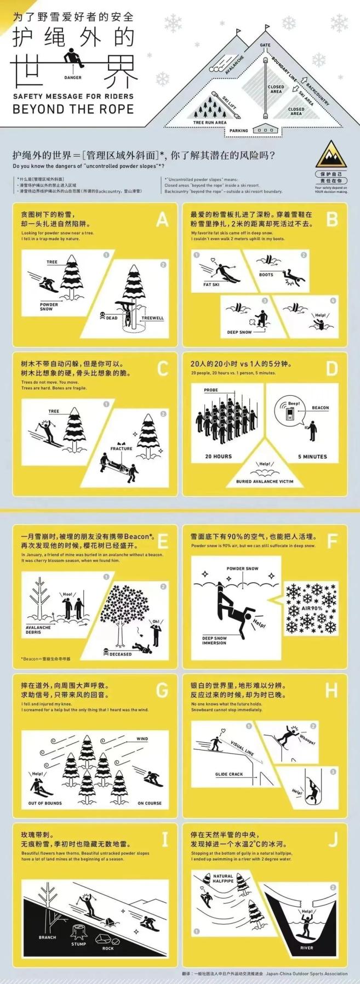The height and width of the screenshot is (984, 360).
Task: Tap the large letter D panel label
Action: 332,368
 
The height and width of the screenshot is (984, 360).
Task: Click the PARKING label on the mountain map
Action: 239,131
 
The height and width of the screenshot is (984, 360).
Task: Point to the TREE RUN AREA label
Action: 209,122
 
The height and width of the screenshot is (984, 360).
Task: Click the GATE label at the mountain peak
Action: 265,45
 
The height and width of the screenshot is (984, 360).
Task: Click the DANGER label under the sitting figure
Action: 72,77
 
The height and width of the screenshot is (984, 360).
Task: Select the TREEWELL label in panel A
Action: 152,318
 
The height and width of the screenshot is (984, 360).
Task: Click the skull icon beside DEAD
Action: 102,317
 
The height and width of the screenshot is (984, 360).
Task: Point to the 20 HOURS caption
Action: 219,456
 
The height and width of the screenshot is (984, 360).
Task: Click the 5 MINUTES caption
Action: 312,456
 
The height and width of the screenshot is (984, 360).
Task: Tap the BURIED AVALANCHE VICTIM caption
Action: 265,481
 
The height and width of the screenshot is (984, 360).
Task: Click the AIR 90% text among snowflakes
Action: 312,608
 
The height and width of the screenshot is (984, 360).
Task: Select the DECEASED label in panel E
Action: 121,654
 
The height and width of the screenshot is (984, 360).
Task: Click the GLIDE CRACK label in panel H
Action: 229,774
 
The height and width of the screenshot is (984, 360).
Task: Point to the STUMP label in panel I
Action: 78,943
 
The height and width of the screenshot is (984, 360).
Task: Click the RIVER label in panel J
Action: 307,947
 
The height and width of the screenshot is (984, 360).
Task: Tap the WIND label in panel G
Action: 142,738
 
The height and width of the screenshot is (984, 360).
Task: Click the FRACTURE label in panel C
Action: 121,448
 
